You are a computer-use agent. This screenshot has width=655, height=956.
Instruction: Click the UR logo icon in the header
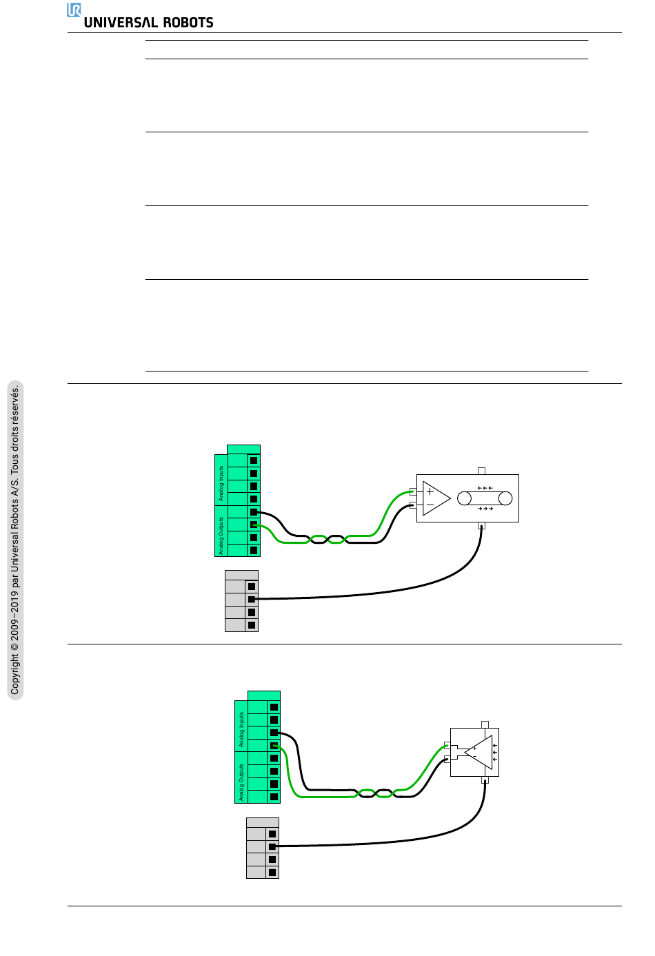[74, 10]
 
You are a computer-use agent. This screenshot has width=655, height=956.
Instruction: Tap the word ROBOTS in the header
[188, 23]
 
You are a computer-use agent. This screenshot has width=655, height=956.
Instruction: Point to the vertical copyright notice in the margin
[15, 540]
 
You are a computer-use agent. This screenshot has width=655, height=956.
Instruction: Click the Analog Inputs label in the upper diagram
[221, 483]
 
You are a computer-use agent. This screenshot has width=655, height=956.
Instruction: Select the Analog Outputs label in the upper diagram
[221, 536]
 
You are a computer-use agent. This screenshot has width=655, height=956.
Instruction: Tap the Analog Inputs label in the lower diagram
[241, 730]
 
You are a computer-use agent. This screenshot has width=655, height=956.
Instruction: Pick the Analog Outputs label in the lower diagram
[241, 782]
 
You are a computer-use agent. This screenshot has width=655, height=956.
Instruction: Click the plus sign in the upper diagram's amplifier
[430, 491]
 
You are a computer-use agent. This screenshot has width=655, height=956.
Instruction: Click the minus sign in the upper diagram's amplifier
[430, 505]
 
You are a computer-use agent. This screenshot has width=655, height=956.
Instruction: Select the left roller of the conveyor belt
[465, 498]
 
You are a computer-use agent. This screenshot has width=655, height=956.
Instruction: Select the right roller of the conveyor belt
[505, 498]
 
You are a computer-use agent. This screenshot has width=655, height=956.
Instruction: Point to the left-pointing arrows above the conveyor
[485, 488]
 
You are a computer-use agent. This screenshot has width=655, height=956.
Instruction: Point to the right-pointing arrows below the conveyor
[485, 509]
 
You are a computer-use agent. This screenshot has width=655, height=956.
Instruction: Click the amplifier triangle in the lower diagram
[478, 752]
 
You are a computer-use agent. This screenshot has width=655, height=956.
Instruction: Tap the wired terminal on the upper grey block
[252, 599]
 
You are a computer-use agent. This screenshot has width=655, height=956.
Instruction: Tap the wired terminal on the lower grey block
[272, 846]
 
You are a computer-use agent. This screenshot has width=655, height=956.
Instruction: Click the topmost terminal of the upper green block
[254, 460]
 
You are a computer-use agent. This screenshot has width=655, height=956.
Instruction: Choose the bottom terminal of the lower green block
[274, 797]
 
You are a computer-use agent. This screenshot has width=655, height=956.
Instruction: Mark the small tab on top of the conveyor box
[481, 471]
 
